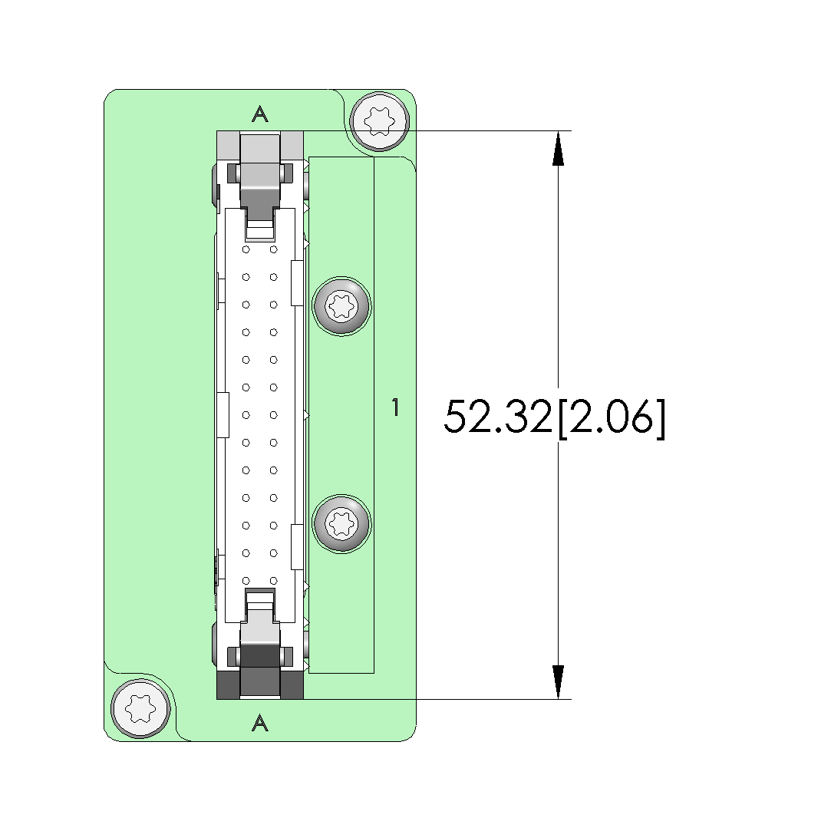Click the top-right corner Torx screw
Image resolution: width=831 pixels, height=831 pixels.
(x=380, y=120)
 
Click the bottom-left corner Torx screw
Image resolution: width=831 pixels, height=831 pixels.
(x=141, y=708)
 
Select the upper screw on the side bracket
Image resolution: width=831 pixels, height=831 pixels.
(x=341, y=306)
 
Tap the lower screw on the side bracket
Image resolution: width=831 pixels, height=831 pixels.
(x=341, y=524)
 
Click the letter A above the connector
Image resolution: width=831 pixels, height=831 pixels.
(x=259, y=114)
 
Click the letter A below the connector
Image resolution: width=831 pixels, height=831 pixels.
(x=259, y=723)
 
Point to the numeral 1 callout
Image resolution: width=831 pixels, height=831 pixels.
(x=395, y=407)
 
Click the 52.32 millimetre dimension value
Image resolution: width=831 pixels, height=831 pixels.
(x=498, y=417)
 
